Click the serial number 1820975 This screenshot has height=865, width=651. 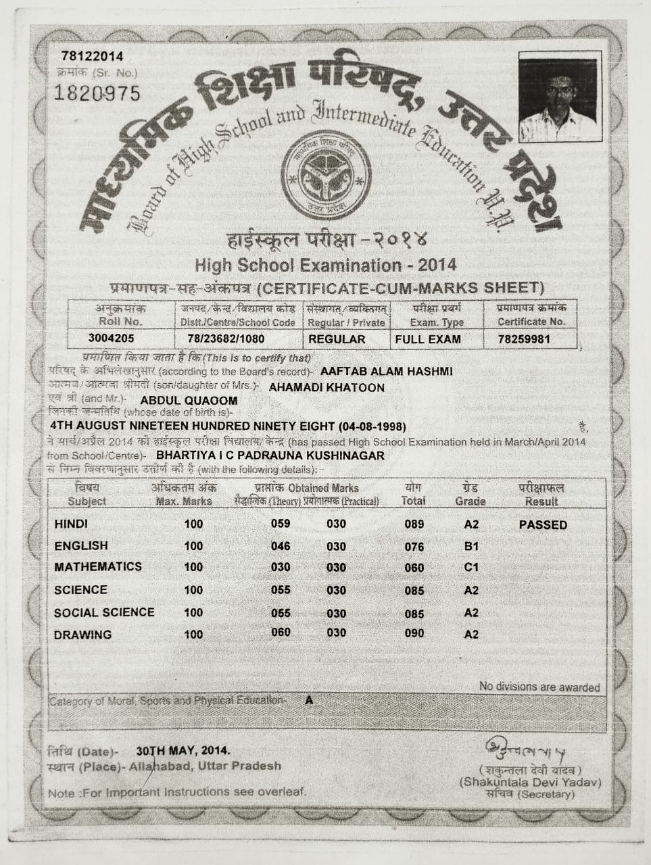[97, 93]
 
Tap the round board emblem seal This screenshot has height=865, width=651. [326, 175]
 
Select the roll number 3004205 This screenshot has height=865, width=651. [112, 339]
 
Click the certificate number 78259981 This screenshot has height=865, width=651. [523, 339]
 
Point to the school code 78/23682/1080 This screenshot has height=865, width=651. [226, 339]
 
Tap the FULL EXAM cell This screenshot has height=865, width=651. [428, 339]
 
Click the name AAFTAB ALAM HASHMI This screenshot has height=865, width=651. [387, 372]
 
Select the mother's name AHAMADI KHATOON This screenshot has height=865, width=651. [327, 388]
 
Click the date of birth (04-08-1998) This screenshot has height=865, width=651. [372, 426]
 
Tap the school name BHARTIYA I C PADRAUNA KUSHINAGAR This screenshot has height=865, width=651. [270, 455]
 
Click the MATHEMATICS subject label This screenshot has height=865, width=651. [98, 567]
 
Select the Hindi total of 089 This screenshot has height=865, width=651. [414, 524]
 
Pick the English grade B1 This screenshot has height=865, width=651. [471, 546]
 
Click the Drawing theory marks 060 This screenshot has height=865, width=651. [281, 633]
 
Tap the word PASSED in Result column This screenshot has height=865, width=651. [543, 525]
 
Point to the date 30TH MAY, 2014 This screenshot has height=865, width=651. [183, 750]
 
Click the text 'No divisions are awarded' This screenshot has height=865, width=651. [539, 687]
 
